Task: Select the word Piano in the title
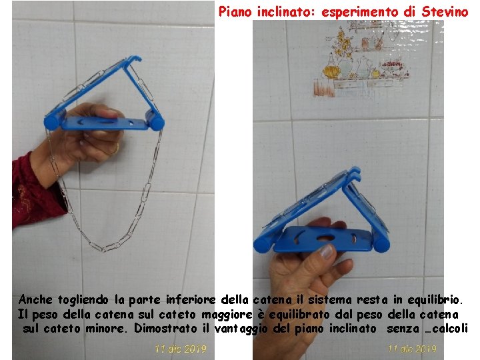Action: (235, 11)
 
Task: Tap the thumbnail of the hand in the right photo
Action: (327, 252)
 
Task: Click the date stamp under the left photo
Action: (181, 349)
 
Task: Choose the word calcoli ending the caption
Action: (450, 328)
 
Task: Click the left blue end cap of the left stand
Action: (51, 122)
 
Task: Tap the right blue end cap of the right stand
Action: (381, 243)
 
